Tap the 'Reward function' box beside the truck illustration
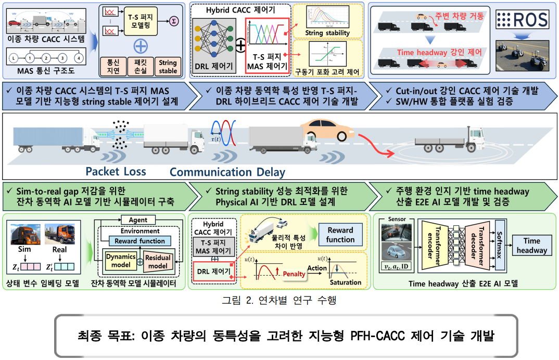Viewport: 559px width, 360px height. click(x=340, y=235)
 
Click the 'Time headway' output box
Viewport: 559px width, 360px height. click(x=532, y=245)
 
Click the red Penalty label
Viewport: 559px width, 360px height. click(x=293, y=274)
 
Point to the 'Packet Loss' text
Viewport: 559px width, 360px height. click(x=116, y=172)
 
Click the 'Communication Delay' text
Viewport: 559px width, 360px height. click(x=227, y=172)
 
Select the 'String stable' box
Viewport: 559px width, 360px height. click(x=168, y=66)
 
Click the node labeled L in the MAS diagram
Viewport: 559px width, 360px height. click(x=13, y=58)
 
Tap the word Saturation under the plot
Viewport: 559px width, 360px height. click(x=345, y=282)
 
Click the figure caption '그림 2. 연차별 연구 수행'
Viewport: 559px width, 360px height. click(x=279, y=300)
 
